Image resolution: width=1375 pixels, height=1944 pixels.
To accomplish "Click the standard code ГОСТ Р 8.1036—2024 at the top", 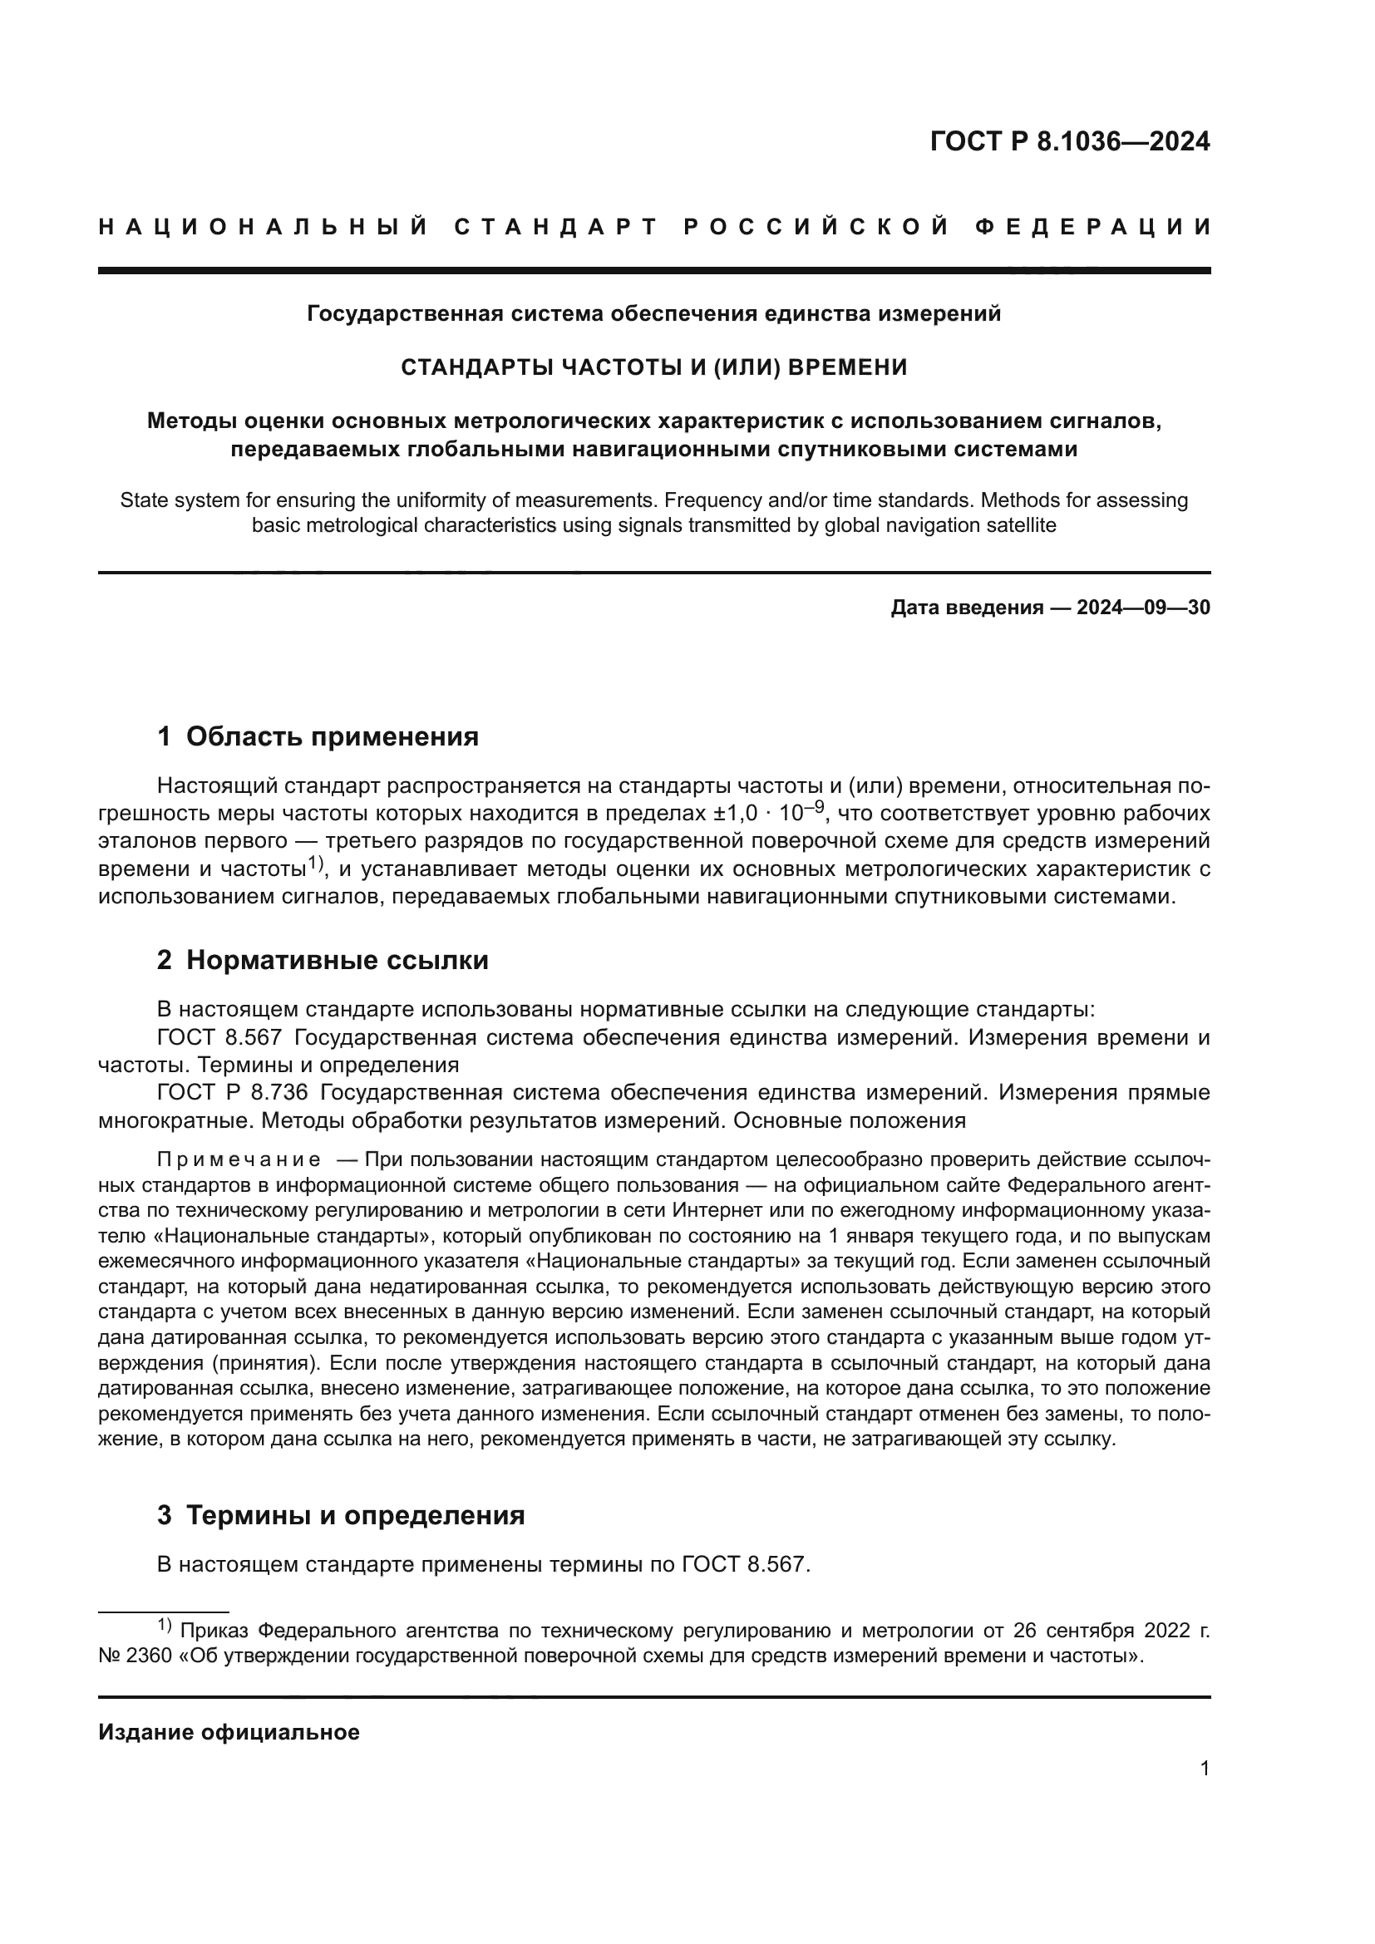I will point(1069,141).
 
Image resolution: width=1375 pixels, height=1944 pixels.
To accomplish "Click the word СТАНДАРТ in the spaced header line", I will point(556,227).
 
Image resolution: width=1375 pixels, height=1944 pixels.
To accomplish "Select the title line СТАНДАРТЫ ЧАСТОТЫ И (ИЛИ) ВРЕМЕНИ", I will point(653,367).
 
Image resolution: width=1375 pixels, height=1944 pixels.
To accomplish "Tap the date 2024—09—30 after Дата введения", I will point(1143,607).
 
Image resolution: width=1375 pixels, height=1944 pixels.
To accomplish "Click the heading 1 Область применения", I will point(318,736).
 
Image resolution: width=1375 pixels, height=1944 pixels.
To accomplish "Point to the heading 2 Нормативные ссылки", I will point(323,960).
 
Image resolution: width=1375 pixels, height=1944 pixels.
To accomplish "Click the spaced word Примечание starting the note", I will point(239,1159).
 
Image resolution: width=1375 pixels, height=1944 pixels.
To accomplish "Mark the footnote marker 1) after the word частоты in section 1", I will point(315,864).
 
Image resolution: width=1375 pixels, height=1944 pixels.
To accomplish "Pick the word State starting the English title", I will point(142,500).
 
